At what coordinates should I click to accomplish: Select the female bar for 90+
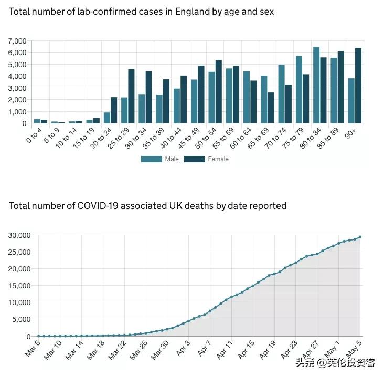click(358, 86)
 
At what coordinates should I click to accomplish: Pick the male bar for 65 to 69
click(264, 99)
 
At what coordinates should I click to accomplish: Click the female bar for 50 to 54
click(218, 91)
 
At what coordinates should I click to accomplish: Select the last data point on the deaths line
click(360, 237)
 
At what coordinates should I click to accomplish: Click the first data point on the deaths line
click(38, 336)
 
